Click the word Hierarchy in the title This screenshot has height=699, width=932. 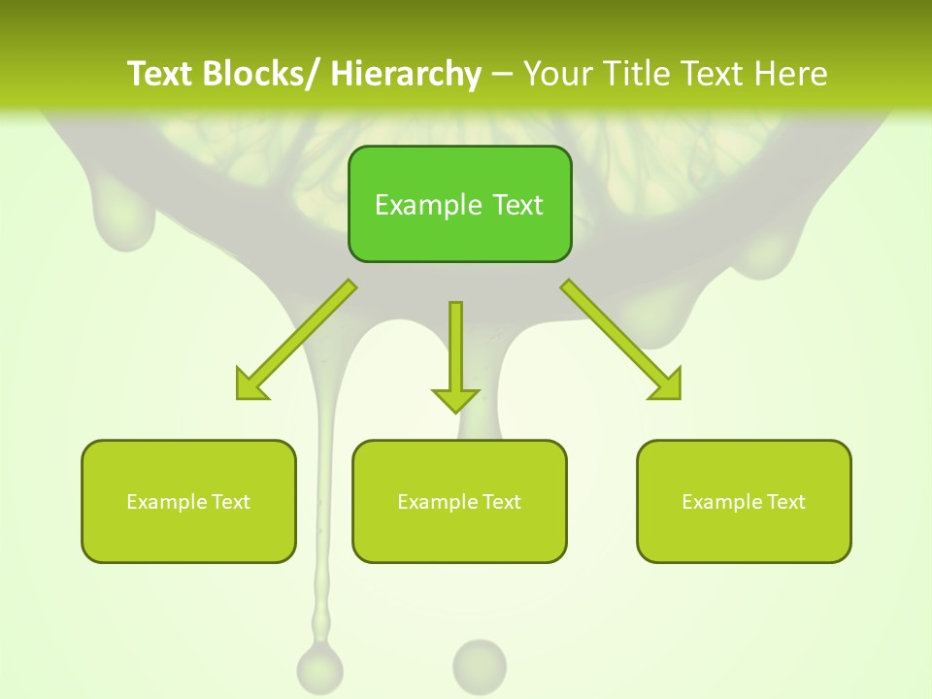[x=405, y=74]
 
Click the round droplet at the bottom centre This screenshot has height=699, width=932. [x=480, y=665]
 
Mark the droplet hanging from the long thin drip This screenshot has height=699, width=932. [x=319, y=668]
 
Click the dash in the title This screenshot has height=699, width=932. [x=502, y=75]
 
